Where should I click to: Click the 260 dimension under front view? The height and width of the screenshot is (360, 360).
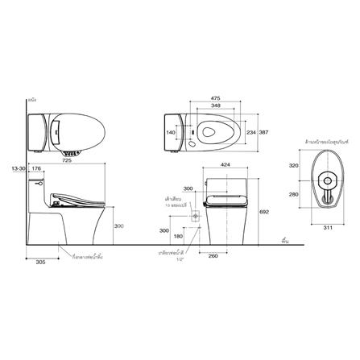[x=213, y=257]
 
